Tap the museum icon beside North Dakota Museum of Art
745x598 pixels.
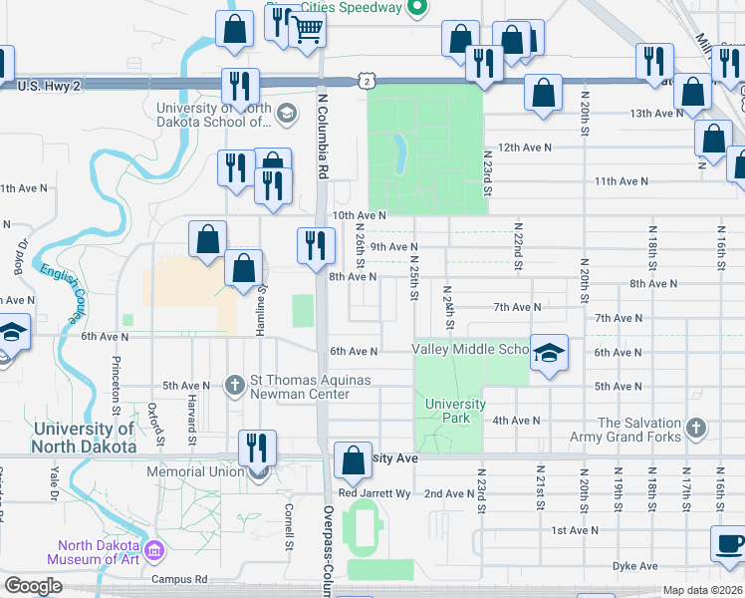tap(154, 551)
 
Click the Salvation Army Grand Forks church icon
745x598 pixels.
tap(696, 429)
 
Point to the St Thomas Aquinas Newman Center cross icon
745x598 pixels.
tap(234, 385)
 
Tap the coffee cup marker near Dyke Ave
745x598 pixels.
tap(729, 544)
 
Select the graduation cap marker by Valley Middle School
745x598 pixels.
tap(548, 354)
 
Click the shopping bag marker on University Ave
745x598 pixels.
tap(353, 460)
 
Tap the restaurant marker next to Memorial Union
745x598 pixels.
tap(257, 448)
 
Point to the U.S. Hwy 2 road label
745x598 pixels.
tap(63, 87)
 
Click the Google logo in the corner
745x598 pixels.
tap(33, 586)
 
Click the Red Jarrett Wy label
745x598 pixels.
tap(374, 493)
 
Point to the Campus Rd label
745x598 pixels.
tap(179, 578)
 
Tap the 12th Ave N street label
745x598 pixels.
tap(525, 147)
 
